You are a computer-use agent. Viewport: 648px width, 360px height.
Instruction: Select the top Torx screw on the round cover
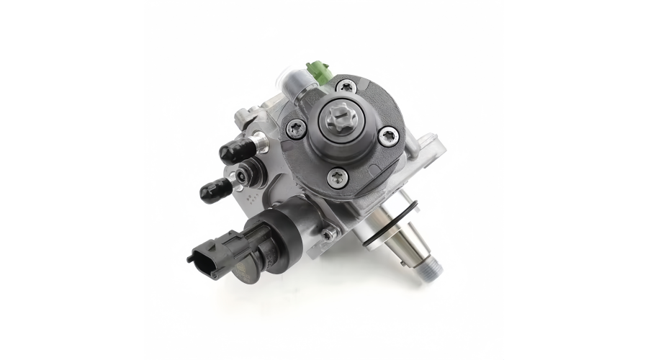(348, 86)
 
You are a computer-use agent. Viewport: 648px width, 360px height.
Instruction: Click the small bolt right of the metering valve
(328, 233)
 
